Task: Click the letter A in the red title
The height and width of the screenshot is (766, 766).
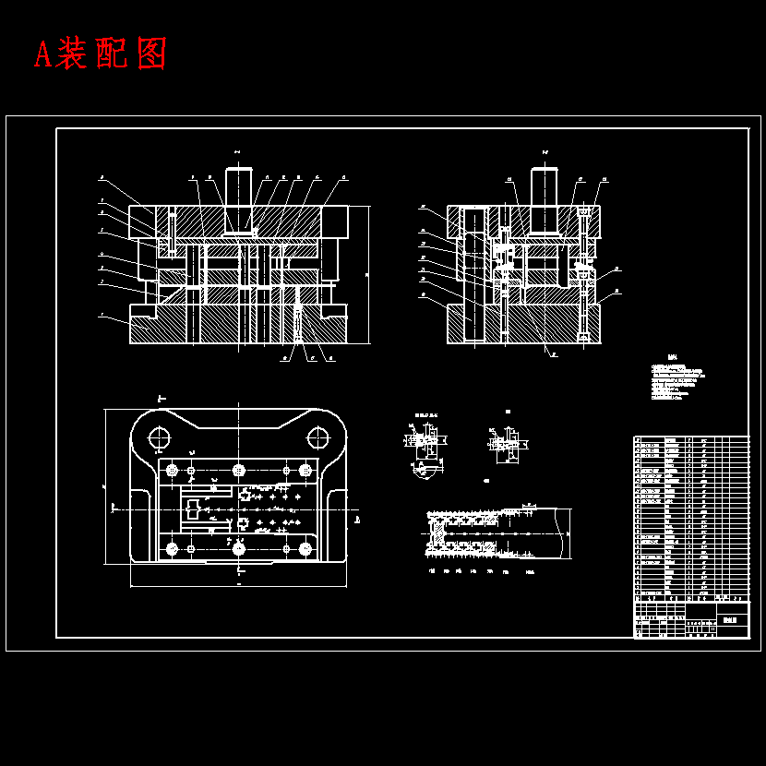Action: [42, 54]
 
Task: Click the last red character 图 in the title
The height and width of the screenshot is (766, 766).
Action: [150, 54]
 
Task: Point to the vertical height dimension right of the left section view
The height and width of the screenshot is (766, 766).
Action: [368, 274]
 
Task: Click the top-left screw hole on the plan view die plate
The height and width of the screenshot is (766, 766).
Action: [172, 471]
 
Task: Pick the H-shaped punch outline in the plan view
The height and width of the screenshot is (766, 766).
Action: [195, 509]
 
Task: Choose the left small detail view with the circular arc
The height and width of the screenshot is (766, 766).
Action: [422, 448]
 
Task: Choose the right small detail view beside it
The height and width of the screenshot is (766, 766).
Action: [505, 445]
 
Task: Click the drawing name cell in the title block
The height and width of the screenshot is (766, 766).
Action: [734, 620]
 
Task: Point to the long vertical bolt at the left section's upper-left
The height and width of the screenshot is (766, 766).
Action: [172, 232]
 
